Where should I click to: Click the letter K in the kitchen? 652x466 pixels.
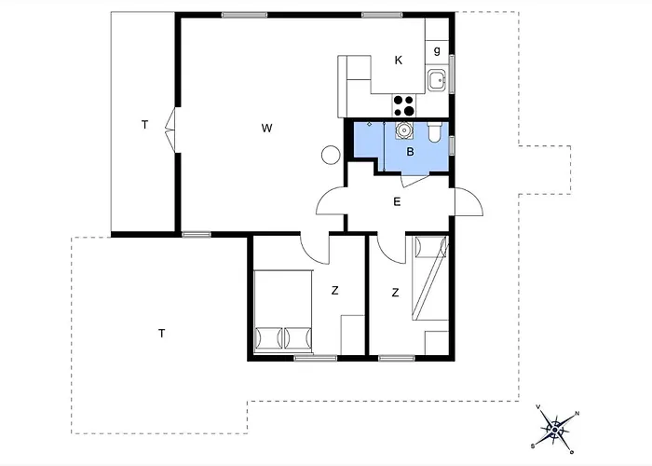tap(399, 61)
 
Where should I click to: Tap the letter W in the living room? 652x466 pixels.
tap(267, 129)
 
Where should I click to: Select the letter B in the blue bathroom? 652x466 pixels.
tap(410, 152)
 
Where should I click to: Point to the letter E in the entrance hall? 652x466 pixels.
tap(397, 202)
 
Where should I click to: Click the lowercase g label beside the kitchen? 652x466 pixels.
tap(437, 50)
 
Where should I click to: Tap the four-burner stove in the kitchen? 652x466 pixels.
tap(403, 105)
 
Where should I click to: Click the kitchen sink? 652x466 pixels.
tap(437, 80)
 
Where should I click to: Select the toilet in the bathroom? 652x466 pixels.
tap(435, 132)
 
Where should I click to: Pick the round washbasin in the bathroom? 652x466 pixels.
tap(403, 130)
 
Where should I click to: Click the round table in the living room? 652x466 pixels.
tap(331, 155)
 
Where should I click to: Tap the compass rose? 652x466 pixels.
tap(555, 430)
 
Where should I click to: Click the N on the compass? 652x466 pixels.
tap(577, 414)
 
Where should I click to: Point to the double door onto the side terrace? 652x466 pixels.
tap(170, 130)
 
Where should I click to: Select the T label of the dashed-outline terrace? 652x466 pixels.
tap(162, 334)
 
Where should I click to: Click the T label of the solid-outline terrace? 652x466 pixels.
tap(144, 124)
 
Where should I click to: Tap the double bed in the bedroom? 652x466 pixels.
tap(283, 311)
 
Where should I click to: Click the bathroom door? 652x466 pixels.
tap(414, 182)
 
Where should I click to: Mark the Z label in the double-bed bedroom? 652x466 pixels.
tap(335, 291)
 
